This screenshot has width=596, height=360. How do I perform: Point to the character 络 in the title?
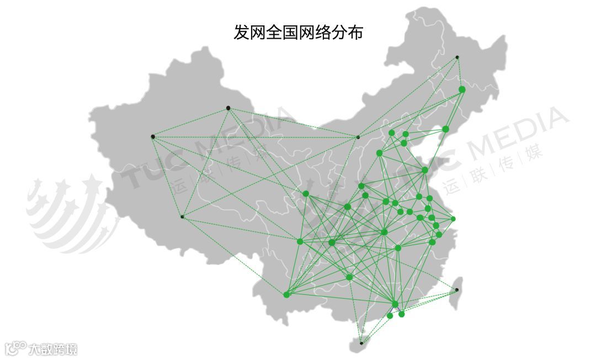coord(322,32)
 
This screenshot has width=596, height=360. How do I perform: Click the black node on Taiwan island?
coord(456,290)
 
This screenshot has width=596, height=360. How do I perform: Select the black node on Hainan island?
coord(361,343)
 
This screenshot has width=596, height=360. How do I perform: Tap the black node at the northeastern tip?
coord(457,57)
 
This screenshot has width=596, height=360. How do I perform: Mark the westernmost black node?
coord(153,136)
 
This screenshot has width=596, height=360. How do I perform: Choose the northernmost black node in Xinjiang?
coord(228,108)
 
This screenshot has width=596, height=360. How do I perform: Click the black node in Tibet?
coord(182,216)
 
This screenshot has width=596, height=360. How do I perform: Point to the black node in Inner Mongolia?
coord(358,137)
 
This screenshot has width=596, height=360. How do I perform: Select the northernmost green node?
coord(462,89)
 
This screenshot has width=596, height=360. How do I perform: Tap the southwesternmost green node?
coord(286,295)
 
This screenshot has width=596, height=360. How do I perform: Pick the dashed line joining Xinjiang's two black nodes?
coord(190,122)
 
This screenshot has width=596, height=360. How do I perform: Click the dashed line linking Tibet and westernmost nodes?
coord(167,177)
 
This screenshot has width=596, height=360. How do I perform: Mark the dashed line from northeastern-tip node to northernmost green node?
coord(459,73)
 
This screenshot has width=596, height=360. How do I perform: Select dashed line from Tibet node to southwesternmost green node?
coord(234,256)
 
